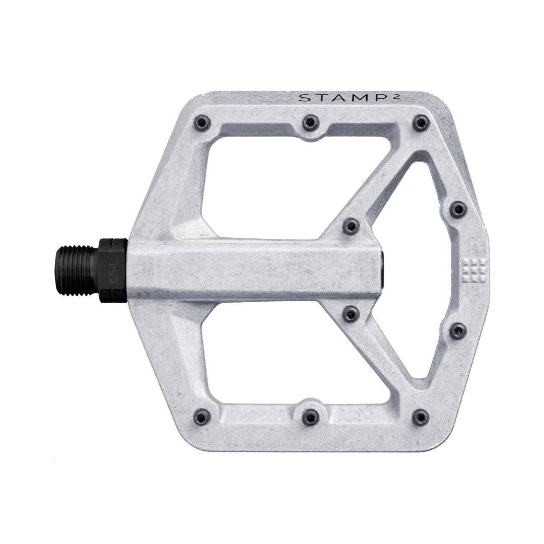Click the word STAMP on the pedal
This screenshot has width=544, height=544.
333,98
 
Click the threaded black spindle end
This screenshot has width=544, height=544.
76,270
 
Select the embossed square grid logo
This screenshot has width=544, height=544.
473,271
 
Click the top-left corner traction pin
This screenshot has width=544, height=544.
202,122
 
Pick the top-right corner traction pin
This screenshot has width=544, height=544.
421,122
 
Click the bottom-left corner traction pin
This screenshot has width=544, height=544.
202,417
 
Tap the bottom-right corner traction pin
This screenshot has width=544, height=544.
421,417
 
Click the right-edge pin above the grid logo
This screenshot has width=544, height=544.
458,209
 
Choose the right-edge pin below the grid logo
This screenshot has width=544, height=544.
458,331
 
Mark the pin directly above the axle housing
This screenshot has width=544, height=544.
351,226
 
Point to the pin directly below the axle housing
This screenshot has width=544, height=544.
351,314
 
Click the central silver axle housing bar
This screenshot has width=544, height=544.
252,270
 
